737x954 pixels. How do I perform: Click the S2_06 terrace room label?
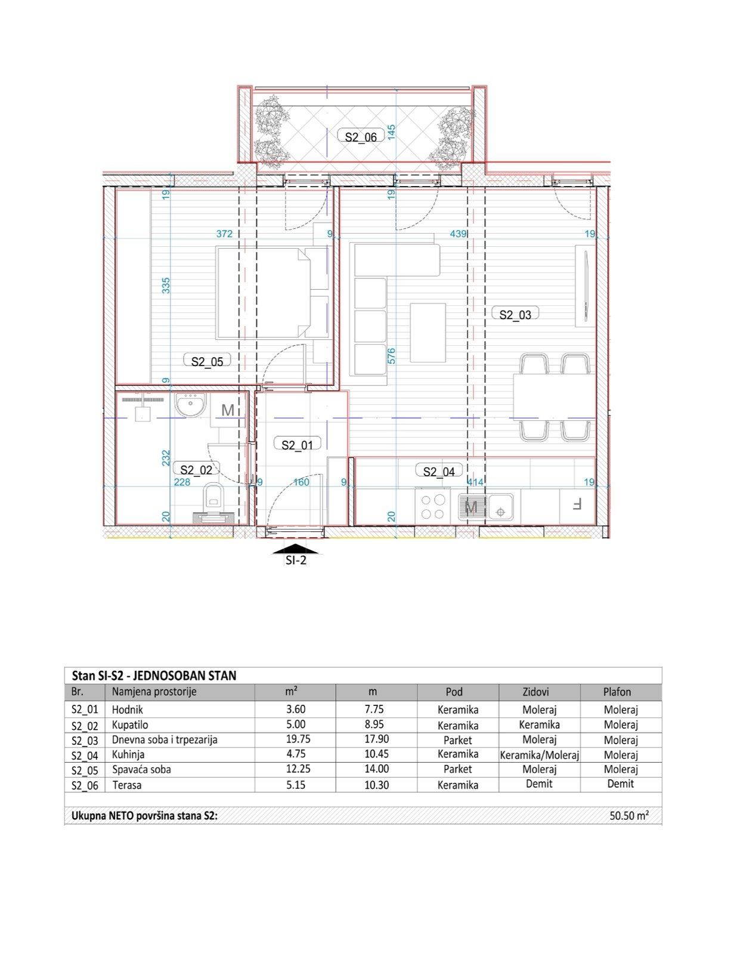click(x=361, y=137)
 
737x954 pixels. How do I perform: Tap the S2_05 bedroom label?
click(x=207, y=361)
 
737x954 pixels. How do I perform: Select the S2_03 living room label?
click(x=515, y=315)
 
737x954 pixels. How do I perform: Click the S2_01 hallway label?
click(x=297, y=445)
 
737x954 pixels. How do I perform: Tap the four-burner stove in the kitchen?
click(x=433, y=507)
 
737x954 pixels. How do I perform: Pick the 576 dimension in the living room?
click(x=392, y=356)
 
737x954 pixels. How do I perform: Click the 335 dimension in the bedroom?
click(x=166, y=285)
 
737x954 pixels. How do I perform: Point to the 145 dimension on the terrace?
click(x=392, y=131)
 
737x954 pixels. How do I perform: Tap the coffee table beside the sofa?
click(x=428, y=332)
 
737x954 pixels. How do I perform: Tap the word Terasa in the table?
click(x=126, y=785)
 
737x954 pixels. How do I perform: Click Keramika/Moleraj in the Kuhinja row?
click(x=539, y=755)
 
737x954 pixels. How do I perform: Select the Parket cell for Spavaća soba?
click(x=457, y=770)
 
